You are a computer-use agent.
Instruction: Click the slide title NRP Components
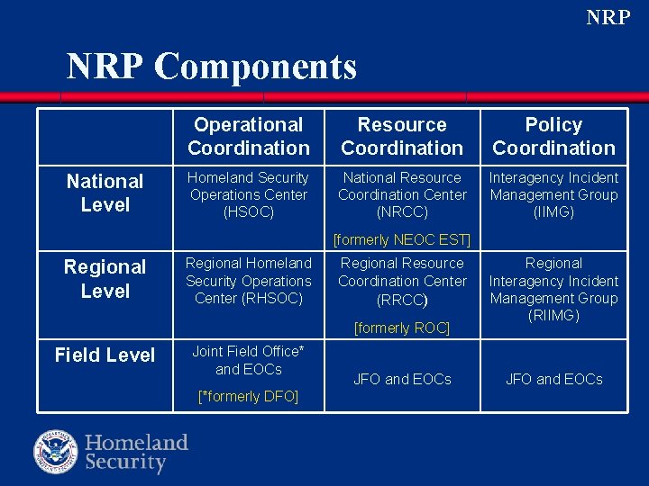[212, 67]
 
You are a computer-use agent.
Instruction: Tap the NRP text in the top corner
[608, 17]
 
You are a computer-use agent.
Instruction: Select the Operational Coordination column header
[249, 136]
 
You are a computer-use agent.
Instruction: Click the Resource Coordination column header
[402, 136]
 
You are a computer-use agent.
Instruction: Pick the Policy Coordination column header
[553, 136]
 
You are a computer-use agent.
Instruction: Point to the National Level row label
[105, 193]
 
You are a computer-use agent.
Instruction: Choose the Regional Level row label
[105, 278]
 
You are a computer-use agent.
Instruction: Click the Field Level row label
[105, 355]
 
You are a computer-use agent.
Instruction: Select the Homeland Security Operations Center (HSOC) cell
[249, 194]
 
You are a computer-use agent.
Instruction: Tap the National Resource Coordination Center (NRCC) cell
[402, 194]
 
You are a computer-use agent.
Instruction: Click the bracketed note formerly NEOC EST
[402, 239]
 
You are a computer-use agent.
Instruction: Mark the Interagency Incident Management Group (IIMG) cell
[553, 194]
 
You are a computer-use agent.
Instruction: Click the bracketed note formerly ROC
[402, 328]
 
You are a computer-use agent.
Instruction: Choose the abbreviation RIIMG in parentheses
[553, 315]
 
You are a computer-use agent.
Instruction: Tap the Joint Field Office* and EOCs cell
[249, 360]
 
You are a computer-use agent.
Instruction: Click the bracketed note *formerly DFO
[249, 396]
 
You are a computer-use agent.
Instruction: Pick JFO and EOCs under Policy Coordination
[553, 379]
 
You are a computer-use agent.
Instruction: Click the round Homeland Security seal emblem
[56, 452]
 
